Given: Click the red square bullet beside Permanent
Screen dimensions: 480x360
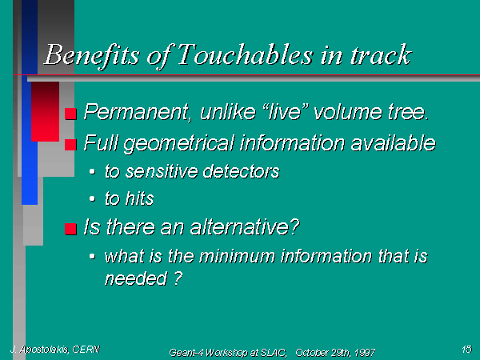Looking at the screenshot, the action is pos(70,114).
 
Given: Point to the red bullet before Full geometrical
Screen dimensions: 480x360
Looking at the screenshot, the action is pos(70,145).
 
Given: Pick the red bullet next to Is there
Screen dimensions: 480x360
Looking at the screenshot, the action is pos(70,229).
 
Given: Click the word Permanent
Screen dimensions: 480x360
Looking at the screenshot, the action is pos(137,112).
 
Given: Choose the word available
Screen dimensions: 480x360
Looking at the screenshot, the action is pos(393,143).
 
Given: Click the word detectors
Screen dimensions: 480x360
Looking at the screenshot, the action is pos(242,171).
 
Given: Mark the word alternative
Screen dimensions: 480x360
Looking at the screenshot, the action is pos(245,227).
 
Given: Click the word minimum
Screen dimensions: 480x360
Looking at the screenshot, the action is pos(237,256).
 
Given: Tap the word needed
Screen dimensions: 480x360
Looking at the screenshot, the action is pos(136,278).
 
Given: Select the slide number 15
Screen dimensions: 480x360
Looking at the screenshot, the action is pos(467,349).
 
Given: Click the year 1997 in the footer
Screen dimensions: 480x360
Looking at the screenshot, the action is pos(365,353).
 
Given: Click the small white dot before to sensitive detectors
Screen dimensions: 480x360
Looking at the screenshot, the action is pos(92,171).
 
